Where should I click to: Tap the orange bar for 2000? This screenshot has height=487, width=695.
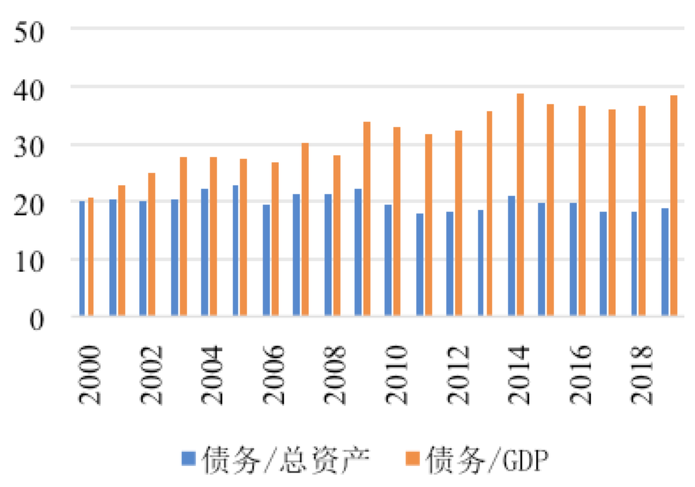click(x=91, y=257)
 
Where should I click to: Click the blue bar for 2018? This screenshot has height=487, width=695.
click(x=634, y=264)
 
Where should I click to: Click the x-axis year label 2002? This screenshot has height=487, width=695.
click(x=151, y=374)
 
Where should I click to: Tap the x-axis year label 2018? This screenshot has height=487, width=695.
click(x=642, y=374)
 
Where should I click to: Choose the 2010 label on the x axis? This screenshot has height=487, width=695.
click(x=397, y=374)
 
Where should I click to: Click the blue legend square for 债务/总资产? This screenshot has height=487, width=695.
click(x=188, y=457)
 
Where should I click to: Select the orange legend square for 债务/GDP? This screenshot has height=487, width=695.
click(x=414, y=457)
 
